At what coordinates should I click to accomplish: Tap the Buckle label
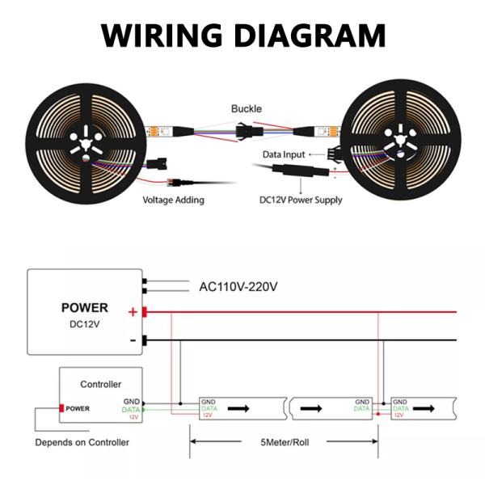[x=247, y=108]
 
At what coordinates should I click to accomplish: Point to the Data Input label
[x=284, y=154]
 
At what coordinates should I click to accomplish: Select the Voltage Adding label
[x=174, y=200]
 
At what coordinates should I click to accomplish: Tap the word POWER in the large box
[x=85, y=307]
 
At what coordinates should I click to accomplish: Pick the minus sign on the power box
[x=132, y=340]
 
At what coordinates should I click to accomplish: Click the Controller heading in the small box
[x=101, y=384]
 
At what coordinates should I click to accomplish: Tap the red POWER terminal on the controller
[x=77, y=408]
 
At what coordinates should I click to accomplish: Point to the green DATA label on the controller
[x=131, y=410]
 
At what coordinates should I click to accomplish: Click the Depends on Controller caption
[x=82, y=442]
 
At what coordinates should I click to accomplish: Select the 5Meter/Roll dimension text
[x=285, y=442]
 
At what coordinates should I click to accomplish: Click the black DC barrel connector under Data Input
[x=288, y=171]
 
